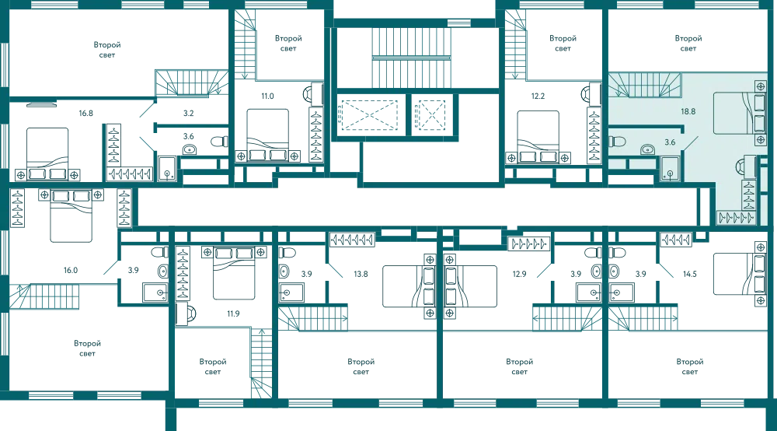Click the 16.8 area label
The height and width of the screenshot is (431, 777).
click(x=85, y=113)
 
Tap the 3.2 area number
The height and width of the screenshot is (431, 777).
click(x=188, y=113)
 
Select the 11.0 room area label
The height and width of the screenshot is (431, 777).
click(x=267, y=96)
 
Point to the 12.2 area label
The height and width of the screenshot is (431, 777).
click(x=538, y=96)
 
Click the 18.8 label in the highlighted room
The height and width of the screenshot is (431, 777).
click(x=688, y=111)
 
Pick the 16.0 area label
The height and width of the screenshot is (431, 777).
click(x=71, y=270)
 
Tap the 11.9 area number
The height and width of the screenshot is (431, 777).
click(x=233, y=314)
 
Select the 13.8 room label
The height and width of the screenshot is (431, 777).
click(x=361, y=274)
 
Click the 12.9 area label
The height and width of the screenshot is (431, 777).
click(x=519, y=274)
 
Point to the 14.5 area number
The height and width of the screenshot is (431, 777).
click(x=690, y=274)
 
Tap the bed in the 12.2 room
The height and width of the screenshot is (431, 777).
click(x=538, y=136)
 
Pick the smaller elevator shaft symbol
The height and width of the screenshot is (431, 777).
click(x=430, y=115)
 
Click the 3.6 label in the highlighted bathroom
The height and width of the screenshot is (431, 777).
click(x=670, y=142)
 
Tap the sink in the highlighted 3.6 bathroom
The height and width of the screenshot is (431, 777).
click(x=647, y=149)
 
